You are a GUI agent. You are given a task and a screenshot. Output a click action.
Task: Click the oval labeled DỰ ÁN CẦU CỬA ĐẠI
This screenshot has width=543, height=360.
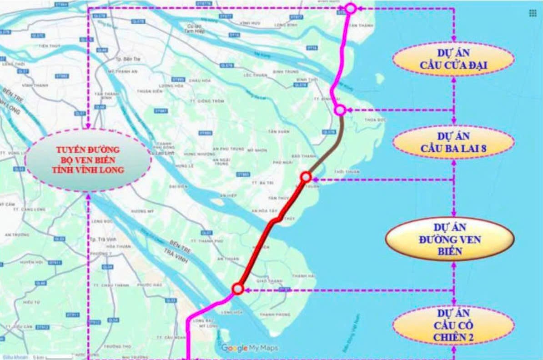(453, 59)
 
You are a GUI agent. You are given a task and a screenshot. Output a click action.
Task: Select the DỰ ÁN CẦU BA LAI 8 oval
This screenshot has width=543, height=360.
(453, 142)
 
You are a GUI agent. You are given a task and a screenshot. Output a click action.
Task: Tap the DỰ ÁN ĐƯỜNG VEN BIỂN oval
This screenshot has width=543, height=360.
(449, 239)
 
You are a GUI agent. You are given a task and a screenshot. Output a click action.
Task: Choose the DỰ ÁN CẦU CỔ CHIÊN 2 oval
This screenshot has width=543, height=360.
(453, 325)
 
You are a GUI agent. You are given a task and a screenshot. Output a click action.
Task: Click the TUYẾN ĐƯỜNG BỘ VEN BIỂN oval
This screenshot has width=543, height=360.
(88, 160)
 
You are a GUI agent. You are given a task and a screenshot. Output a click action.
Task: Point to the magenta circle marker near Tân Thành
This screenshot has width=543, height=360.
(350, 8)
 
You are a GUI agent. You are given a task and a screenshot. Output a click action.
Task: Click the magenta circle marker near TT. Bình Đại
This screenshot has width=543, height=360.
(340, 110)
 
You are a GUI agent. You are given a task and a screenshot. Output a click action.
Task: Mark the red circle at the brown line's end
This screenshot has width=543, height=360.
(306, 177)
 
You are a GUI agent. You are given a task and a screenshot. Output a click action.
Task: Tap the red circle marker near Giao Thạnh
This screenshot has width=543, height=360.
(237, 288)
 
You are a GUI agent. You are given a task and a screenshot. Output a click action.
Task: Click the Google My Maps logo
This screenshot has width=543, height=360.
(249, 348)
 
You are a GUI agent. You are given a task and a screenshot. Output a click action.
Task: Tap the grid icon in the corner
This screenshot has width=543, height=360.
(533, 13)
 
